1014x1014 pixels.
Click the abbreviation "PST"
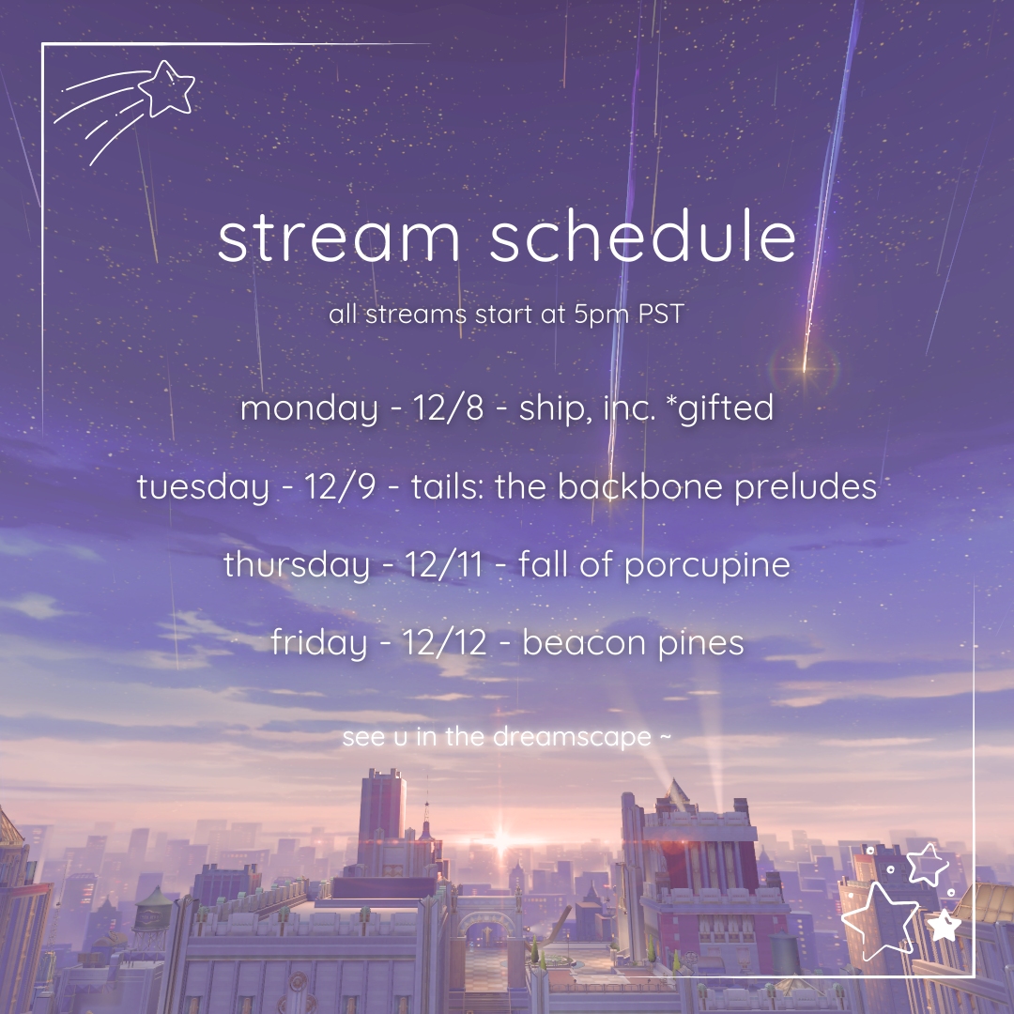[661, 315]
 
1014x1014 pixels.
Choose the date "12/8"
[448, 407]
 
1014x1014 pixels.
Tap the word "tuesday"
[203, 487]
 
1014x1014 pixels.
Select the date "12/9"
[340, 486]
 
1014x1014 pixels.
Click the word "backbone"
[639, 485]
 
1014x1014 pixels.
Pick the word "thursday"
[296, 564]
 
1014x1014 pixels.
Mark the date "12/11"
[443, 564]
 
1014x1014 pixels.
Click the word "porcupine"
[707, 566]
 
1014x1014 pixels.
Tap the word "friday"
[319, 643]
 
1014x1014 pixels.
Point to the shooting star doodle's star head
[167, 88]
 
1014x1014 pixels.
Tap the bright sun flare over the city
[499, 841]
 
